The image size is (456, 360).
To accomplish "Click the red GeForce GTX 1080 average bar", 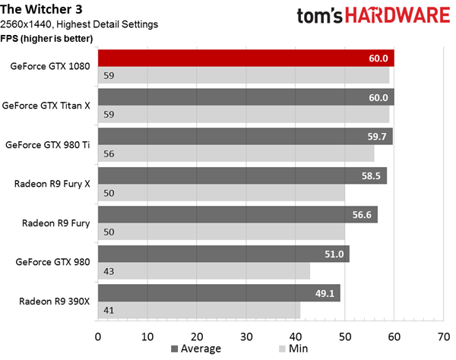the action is (x=246, y=58).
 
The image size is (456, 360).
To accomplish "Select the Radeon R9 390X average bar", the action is (x=219, y=293).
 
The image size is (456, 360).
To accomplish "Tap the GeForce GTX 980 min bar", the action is (x=204, y=271).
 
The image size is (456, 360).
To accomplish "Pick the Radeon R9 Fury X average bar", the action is (x=242, y=175).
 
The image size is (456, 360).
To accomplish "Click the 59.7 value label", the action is (x=377, y=136).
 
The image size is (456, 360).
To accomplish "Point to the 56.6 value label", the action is (x=362, y=215).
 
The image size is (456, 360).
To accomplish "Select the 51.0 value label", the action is (x=334, y=254).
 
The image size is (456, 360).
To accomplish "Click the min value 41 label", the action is (x=109, y=311).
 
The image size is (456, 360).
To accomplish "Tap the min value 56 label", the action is (x=109, y=153).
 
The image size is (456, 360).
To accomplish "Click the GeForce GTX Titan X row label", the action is (x=46, y=106).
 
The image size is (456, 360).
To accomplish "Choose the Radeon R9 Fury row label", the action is (x=55, y=223).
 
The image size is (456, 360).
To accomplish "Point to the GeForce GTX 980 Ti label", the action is (x=48, y=145).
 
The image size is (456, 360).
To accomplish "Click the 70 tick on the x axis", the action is (x=444, y=336).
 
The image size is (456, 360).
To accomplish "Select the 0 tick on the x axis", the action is (x=98, y=336).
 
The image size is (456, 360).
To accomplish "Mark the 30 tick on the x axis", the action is (x=246, y=336).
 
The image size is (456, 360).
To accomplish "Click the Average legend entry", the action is (x=196, y=349).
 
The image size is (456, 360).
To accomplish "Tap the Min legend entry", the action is (x=293, y=349).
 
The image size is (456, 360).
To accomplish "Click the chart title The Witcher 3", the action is (x=41, y=9).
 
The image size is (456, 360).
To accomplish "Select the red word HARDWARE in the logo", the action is (x=397, y=15).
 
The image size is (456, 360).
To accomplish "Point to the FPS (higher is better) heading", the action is (x=46, y=38).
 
